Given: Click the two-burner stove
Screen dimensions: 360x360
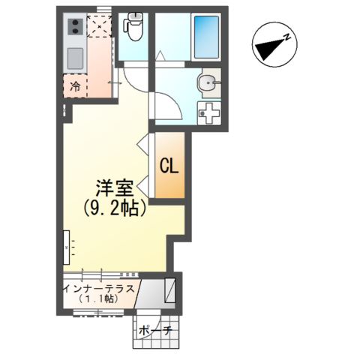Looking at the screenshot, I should pos(76,28).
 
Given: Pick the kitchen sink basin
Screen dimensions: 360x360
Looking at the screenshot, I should pos(76,58).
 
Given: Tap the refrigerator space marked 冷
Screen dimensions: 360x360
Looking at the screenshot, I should pos(75,87).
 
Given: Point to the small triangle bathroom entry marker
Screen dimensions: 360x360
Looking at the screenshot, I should pos(159,55).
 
